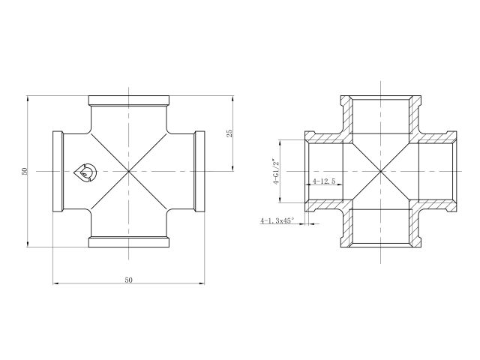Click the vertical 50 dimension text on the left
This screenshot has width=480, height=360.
point(25,171)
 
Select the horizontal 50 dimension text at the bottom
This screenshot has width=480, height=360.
point(128,279)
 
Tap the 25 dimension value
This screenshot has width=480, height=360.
point(229,133)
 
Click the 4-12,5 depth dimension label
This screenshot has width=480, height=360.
point(323,181)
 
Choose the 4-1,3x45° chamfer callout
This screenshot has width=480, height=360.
point(277,221)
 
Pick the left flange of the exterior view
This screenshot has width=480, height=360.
point(57,172)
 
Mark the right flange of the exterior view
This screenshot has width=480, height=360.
point(200,172)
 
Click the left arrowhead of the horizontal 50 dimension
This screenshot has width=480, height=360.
point(55,283)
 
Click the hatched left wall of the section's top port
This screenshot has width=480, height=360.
point(348,116)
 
